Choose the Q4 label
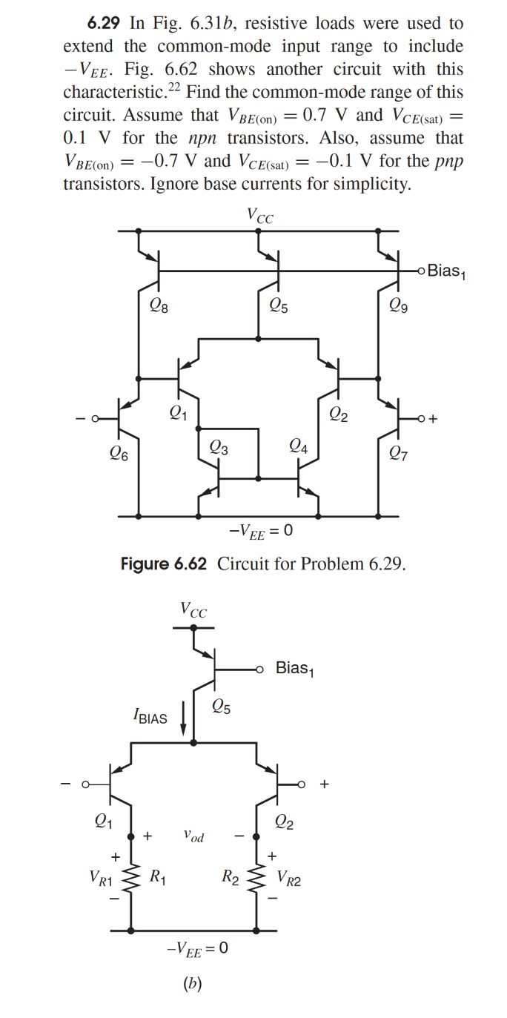click(x=298, y=446)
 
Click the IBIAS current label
click(x=150, y=718)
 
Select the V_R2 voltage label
click(x=289, y=879)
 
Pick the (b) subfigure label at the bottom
click(x=193, y=984)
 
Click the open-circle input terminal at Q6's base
click(x=94, y=420)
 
